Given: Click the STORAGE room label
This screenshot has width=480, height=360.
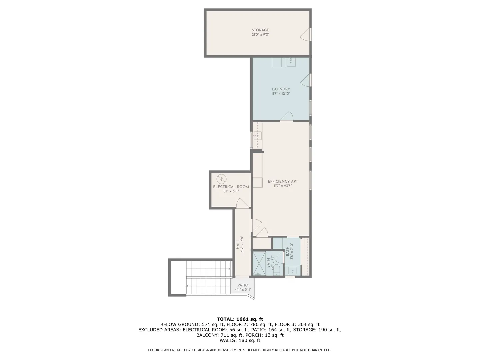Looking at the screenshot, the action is point(260,30).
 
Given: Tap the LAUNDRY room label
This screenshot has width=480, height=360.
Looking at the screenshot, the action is point(281,89).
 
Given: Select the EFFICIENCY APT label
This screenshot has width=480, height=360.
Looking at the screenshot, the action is point(283,181).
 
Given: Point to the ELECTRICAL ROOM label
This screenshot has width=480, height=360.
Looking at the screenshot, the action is point(231,187).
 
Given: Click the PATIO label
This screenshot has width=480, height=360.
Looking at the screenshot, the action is point(243,285).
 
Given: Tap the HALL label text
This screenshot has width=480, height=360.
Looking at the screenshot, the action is point(238,244).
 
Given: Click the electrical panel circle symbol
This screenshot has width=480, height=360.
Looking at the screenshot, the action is point(222,179).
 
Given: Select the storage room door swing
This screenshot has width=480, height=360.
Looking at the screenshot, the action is point(305,34).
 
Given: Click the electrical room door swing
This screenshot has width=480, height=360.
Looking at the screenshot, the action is point(243,203).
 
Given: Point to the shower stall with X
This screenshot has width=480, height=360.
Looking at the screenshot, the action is point(259,263).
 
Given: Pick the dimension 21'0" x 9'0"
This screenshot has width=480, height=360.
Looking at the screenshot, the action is point(260,35).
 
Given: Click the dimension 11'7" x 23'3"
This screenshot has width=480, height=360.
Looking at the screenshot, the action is point(283,186).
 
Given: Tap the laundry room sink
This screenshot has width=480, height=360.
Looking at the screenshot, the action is point(291,62).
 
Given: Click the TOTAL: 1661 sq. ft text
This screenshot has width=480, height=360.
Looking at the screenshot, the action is point(240,319).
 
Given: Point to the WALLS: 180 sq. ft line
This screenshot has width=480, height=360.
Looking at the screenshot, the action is point(240,340).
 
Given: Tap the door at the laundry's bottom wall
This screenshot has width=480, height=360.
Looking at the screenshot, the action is point(287,116).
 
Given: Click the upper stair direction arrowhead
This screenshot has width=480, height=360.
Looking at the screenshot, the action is point(229,269).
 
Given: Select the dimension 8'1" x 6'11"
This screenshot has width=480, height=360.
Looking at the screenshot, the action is point(231,191).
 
